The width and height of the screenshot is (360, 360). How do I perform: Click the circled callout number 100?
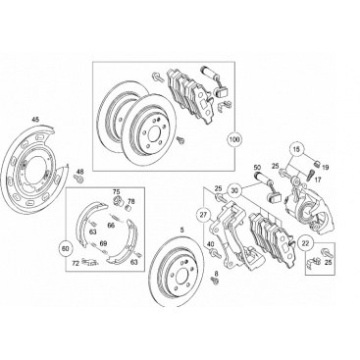(x=234, y=139)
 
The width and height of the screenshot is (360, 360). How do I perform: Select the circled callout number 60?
(x=65, y=249)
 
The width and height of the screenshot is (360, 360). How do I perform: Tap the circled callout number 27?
(x=204, y=215)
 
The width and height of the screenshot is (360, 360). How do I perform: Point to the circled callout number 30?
(x=234, y=190)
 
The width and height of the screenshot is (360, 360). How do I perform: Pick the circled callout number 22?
(x=306, y=243)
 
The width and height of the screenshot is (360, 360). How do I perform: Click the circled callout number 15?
(x=296, y=150)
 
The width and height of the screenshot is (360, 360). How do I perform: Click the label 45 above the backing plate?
(x=35, y=120)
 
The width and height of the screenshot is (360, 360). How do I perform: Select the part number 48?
(x=80, y=171)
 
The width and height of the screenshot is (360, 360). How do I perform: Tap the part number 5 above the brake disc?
(x=182, y=231)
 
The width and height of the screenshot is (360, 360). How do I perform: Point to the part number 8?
(x=216, y=273)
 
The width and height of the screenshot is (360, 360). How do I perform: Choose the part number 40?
(x=211, y=243)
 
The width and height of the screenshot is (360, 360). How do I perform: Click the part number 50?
(x=258, y=167)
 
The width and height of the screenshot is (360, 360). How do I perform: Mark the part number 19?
(x=325, y=168)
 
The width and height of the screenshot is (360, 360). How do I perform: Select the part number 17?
(x=318, y=180)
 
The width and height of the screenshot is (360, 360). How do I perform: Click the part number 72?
(x=76, y=263)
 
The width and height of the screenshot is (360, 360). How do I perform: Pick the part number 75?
(x=117, y=192)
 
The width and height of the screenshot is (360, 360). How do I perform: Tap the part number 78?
(x=131, y=201)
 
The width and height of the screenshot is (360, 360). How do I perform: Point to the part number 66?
(x=111, y=225)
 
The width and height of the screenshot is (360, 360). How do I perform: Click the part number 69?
(x=103, y=243)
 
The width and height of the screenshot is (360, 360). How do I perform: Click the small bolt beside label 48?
(x=78, y=179)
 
